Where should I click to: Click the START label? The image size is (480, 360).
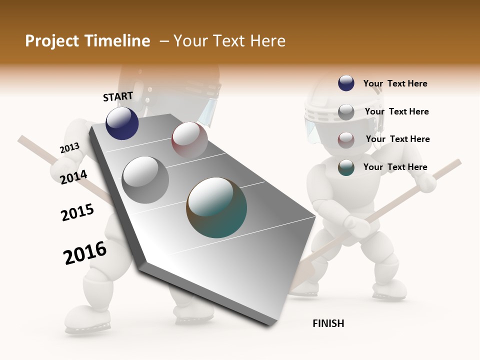[x=118, y=96]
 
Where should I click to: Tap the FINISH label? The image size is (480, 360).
[x=328, y=323]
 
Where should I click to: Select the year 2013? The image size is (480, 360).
[x=69, y=148]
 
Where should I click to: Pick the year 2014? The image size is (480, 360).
[x=73, y=177]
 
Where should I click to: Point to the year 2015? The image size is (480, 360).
[x=77, y=212]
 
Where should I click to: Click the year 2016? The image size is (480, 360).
[x=85, y=253]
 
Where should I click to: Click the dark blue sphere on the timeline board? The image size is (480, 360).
[x=122, y=123]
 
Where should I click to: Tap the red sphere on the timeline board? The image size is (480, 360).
[x=189, y=140]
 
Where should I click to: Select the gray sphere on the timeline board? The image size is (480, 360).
[x=145, y=180]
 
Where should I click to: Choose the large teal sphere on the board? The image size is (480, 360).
[x=216, y=207]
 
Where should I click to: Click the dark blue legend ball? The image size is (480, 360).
[x=346, y=83]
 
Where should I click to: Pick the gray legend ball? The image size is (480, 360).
[x=346, y=112]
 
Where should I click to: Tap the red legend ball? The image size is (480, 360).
[x=346, y=139]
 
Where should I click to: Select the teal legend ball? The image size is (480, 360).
[x=346, y=167]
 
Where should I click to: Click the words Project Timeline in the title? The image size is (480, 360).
[x=87, y=41]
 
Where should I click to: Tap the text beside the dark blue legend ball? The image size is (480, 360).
[x=395, y=83]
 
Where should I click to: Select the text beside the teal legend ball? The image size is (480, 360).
[x=395, y=167]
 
